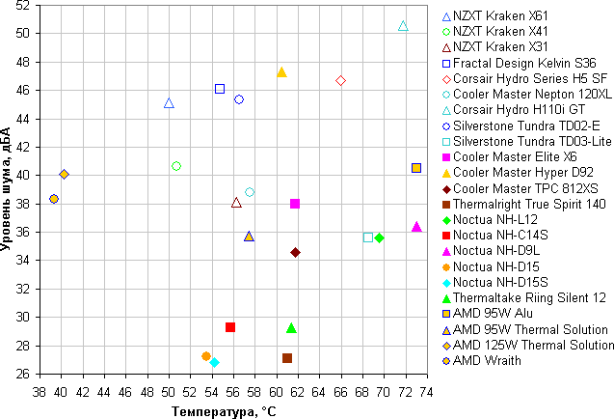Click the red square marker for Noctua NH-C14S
230,327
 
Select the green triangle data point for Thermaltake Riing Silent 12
291,328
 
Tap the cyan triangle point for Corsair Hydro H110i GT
403,25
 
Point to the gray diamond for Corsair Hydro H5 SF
340,80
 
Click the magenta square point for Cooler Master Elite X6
295,204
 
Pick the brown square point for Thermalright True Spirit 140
287,358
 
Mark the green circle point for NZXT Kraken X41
176,166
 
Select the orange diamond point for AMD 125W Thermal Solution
64,174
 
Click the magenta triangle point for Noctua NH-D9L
416,226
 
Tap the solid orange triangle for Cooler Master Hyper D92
281,71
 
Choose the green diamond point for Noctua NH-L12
379,237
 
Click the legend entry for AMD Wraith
489,360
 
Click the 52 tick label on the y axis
22,5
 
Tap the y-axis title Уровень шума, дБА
8,190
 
